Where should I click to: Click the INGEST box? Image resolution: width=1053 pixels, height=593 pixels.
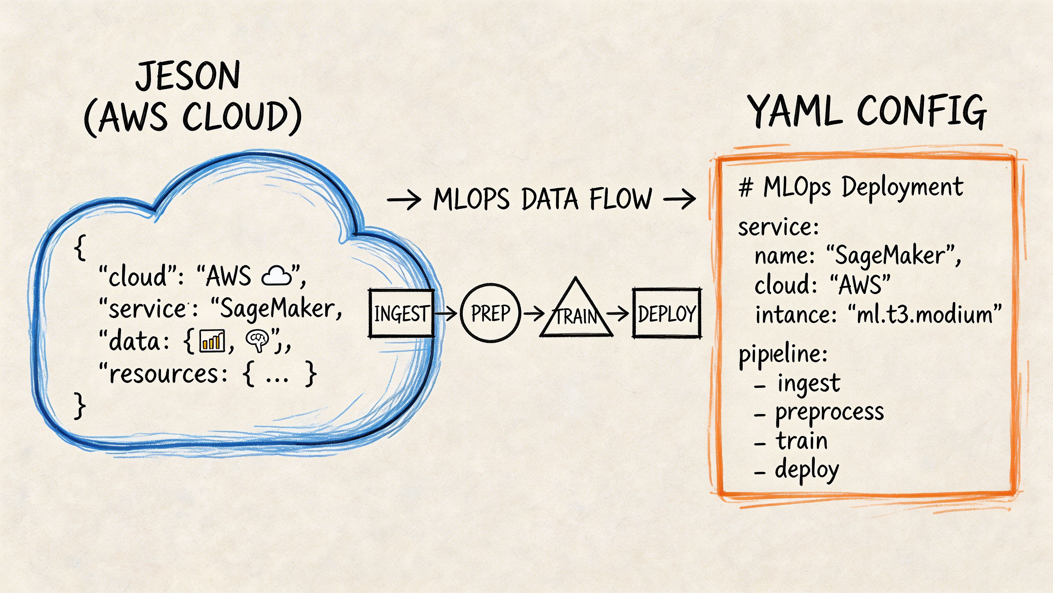click(x=401, y=313)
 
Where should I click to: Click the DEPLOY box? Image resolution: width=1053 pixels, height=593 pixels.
click(x=666, y=313)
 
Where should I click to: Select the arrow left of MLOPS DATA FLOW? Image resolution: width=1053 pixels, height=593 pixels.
click(x=404, y=200)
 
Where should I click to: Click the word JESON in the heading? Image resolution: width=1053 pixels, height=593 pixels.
click(x=188, y=76)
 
